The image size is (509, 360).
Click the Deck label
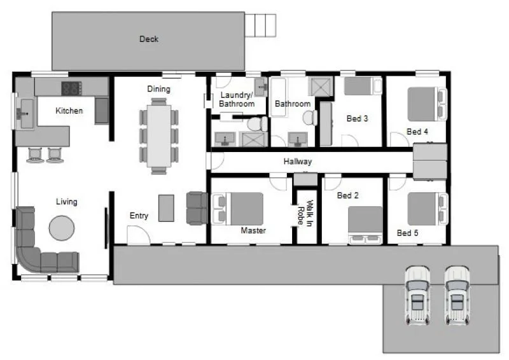(148, 39)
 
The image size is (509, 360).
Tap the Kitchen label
(69, 111)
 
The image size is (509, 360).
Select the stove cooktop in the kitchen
(70, 88)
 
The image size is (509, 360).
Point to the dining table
(158, 135)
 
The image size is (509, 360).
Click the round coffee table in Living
(62, 227)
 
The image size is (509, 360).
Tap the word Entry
(139, 216)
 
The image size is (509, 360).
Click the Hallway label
(298, 162)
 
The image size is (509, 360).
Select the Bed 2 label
(348, 196)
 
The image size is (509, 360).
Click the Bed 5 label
(407, 233)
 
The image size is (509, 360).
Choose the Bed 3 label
(357, 119)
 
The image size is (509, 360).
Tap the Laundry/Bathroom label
(237, 99)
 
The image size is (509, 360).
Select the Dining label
(158, 88)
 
